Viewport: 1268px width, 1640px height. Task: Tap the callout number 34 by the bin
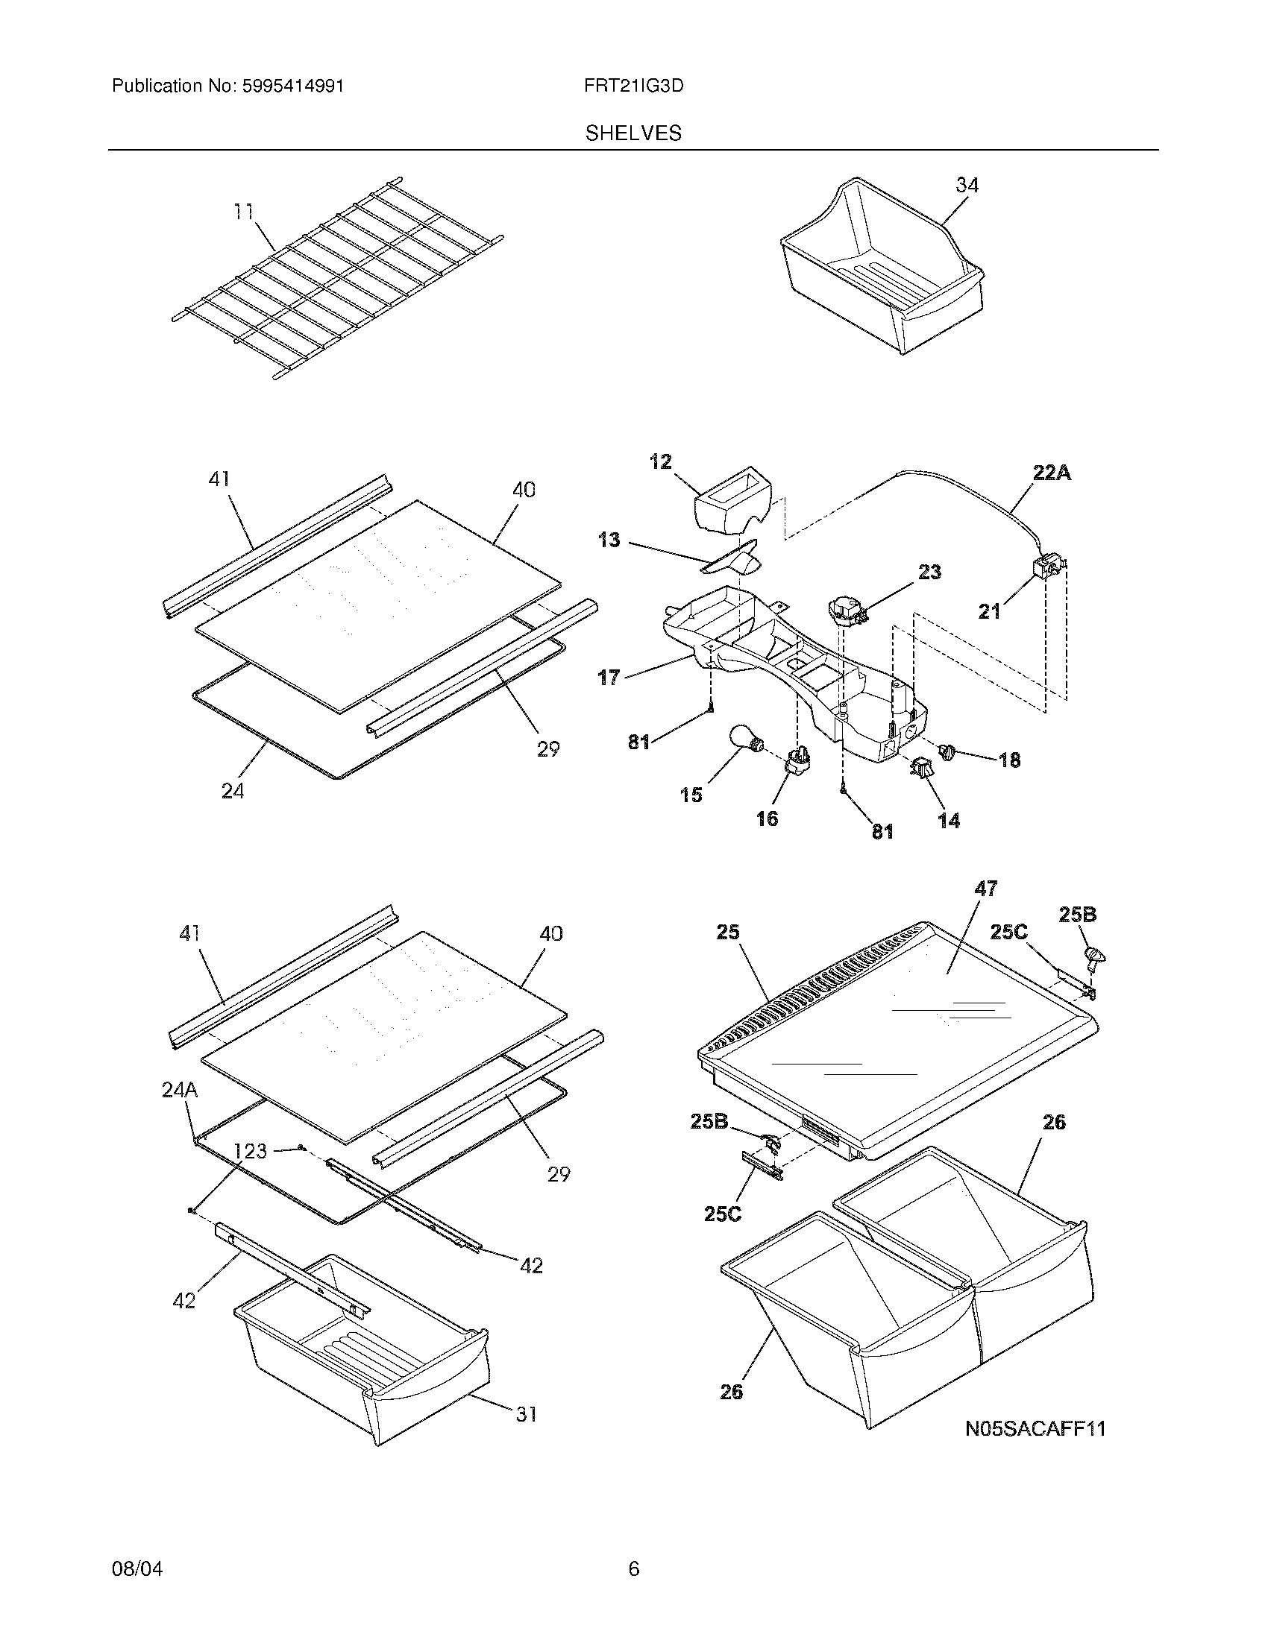pyautogui.click(x=967, y=185)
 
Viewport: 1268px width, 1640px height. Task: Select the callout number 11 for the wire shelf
pyautogui.click(x=243, y=212)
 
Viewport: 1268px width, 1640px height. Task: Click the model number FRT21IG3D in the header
pyautogui.click(x=633, y=86)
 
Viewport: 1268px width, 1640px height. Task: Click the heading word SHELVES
pyautogui.click(x=633, y=133)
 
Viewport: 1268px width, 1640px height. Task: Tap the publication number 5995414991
pyautogui.click(x=294, y=86)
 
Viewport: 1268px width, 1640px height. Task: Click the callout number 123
pyautogui.click(x=249, y=1150)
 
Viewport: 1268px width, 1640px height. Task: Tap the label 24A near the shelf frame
pyautogui.click(x=180, y=1091)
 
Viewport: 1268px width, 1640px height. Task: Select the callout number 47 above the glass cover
pyautogui.click(x=985, y=889)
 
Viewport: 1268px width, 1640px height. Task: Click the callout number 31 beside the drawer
pyautogui.click(x=526, y=1414)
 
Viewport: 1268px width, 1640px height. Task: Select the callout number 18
pyautogui.click(x=1010, y=760)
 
